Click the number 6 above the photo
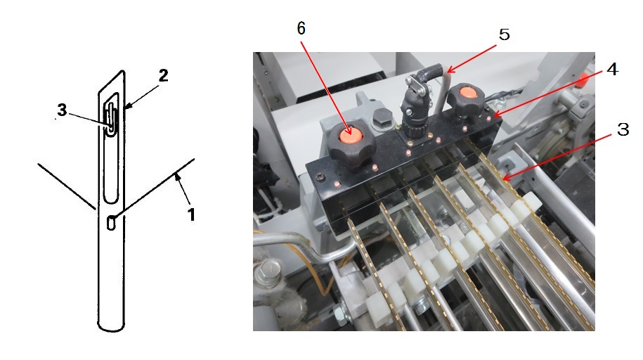tap(301, 28)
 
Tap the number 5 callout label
tap(505, 34)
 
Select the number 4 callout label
tap(612, 69)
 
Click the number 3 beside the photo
tap(623, 129)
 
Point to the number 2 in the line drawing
tap(163, 75)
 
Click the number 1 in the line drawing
tap(191, 214)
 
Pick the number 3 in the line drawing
tap(62, 110)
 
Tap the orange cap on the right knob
tap(468, 91)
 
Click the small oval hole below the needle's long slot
tap(111, 222)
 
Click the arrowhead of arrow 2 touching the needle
tap(126, 107)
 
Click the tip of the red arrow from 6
tap(351, 134)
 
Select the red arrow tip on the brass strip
tap(504, 179)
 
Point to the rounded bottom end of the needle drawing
tap(111, 327)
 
